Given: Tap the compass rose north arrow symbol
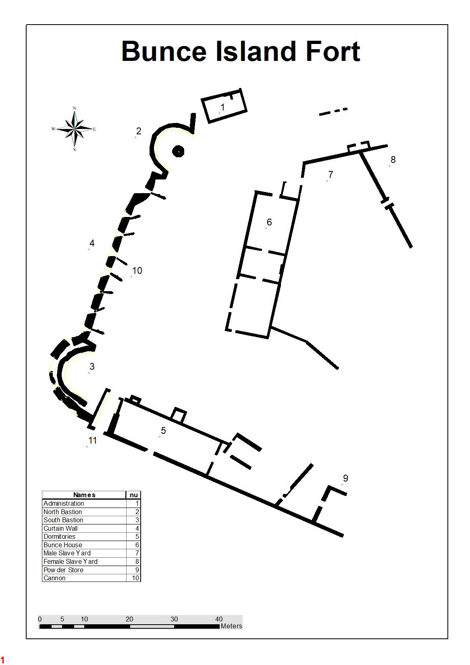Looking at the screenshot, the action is click(75, 129).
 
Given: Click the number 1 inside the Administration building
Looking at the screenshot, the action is click(223, 107).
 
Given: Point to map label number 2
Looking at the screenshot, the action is click(139, 131).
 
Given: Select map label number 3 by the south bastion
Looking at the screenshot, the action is click(92, 366).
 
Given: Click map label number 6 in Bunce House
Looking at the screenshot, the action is click(269, 222).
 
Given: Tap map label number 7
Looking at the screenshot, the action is click(331, 174).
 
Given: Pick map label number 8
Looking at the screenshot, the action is click(393, 160).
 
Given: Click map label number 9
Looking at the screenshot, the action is click(345, 478).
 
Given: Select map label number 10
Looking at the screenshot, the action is click(137, 271).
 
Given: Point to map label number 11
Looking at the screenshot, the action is click(93, 440).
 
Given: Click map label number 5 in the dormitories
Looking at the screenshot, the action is click(163, 430).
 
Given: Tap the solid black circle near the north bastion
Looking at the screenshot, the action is click(178, 151).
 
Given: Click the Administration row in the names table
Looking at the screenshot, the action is click(64, 503).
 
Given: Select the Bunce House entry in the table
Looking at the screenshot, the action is click(62, 545).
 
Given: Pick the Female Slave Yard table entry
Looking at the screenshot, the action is click(70, 561).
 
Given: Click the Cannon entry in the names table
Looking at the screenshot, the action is click(54, 578).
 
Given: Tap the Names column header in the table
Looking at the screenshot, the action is click(84, 495).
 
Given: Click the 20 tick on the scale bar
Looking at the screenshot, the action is click(129, 619).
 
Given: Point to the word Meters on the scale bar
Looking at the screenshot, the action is click(231, 626).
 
